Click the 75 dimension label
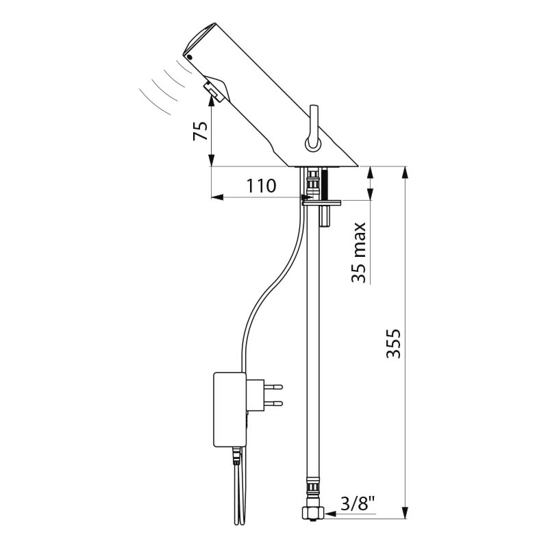click(201, 131)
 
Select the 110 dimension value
click(262, 186)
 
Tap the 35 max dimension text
click(359, 252)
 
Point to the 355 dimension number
click(393, 343)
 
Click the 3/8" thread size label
click(358, 503)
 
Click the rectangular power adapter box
click(229, 410)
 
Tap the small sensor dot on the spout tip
click(190, 57)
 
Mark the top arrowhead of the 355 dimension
click(405, 173)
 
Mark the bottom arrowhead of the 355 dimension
click(405, 508)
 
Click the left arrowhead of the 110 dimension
click(217, 197)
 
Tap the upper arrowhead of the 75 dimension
click(212, 101)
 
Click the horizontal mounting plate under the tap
click(321, 202)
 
